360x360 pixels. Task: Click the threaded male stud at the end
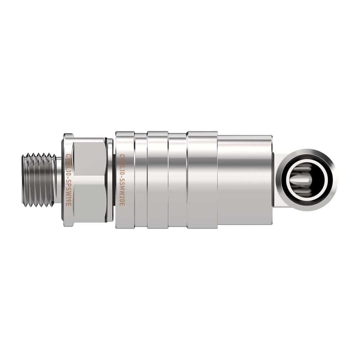38,180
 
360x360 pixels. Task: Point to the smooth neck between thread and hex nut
58,180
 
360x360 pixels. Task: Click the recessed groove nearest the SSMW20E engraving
141,180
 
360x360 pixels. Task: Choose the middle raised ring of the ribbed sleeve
158,180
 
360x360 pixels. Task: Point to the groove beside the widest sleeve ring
177,180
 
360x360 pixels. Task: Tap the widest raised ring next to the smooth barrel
202,180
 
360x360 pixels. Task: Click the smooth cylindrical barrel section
245,180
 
